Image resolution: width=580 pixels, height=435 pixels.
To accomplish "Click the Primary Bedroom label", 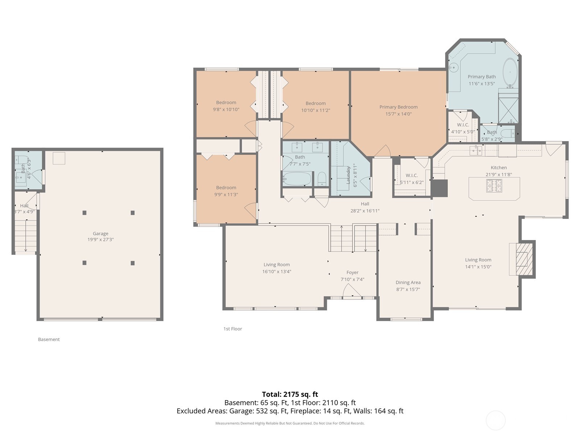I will point(398,107).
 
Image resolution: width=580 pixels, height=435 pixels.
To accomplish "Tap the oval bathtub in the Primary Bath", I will point(510,72).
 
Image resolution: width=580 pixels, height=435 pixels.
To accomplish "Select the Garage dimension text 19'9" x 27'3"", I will point(100,240).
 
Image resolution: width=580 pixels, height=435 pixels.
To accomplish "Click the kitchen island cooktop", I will point(494,186).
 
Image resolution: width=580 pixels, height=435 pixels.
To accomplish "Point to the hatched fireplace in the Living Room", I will point(522,260).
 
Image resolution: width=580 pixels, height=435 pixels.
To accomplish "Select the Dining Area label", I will point(408,282).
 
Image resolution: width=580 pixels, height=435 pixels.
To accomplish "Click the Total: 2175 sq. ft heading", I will point(290,394).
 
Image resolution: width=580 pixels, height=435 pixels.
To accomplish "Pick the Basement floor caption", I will point(49,339).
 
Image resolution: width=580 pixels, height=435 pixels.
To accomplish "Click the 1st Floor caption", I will point(233,329).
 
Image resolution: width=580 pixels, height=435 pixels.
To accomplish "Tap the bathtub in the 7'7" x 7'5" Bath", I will point(297,179).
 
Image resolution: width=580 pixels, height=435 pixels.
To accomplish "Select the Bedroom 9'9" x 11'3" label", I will point(226,187).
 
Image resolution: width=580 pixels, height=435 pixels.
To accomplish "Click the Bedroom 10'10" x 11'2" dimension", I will point(316,110).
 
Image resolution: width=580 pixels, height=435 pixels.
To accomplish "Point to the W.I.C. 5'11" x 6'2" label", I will point(412,175).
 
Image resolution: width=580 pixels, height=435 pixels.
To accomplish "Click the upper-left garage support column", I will point(84,213).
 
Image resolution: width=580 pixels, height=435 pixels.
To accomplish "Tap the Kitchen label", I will point(499,167).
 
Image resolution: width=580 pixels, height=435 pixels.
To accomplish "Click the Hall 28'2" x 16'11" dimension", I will point(365,211).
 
